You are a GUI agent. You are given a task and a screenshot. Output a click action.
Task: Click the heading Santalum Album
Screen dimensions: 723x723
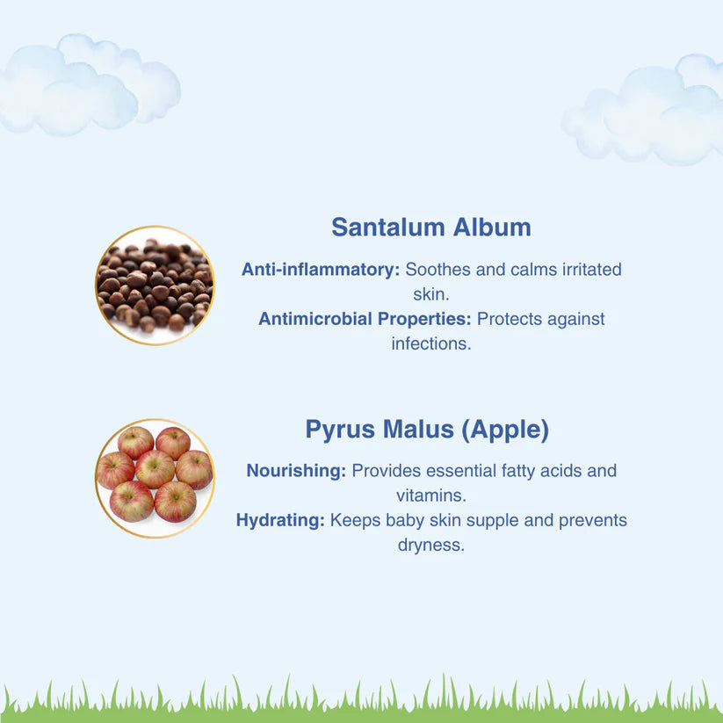(x=431, y=228)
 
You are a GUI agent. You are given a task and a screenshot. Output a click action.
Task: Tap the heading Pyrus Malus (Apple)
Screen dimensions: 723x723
(x=427, y=430)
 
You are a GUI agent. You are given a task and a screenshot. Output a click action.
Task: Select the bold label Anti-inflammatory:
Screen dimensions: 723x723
(x=321, y=270)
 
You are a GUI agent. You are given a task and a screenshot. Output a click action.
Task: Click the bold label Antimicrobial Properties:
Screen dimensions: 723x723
(x=365, y=319)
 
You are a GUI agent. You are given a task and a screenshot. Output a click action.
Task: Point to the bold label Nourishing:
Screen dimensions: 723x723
(x=296, y=471)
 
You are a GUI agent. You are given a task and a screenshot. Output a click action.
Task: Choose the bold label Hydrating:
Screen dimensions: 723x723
(x=280, y=521)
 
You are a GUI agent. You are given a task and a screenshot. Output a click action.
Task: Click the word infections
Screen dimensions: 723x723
(x=431, y=343)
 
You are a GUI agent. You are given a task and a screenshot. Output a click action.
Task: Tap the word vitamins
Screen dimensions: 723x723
(x=431, y=495)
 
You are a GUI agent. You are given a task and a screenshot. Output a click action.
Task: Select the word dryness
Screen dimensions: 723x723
(x=431, y=545)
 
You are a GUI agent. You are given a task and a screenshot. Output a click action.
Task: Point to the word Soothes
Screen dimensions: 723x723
(x=437, y=270)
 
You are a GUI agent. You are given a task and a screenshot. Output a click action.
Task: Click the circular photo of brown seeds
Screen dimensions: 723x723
(x=155, y=286)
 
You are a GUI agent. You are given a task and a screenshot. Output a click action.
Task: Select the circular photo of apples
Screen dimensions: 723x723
(x=155, y=479)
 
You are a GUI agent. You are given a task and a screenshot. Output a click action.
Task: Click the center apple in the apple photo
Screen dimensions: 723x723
(x=155, y=468)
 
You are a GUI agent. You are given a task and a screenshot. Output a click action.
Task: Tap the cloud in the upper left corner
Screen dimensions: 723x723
(x=88, y=85)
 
